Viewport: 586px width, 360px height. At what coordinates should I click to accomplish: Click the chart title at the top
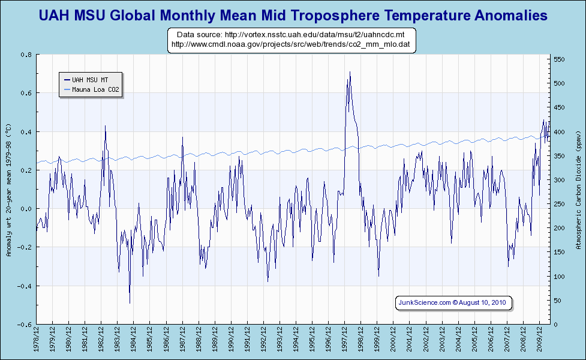[x=293, y=15]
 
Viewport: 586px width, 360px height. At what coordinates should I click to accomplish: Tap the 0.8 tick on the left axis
[x=26, y=55]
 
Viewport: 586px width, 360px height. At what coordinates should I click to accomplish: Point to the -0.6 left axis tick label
[x=25, y=325]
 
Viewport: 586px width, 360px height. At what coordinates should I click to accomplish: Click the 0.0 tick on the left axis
[x=26, y=209]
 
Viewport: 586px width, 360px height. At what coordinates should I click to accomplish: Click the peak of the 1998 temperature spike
[x=350, y=73]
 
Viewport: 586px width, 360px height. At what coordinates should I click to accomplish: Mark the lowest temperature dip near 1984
[x=130, y=302]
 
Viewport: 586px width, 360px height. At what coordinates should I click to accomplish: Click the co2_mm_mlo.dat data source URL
[x=291, y=44]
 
